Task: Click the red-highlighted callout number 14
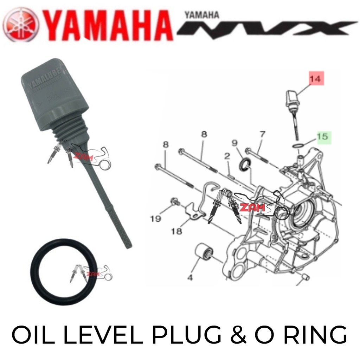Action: coord(316,79)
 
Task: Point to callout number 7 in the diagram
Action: coord(262,134)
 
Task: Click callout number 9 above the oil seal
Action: coord(235,143)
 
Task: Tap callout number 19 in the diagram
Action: coord(155,219)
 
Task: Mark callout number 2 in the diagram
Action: coord(227,156)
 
